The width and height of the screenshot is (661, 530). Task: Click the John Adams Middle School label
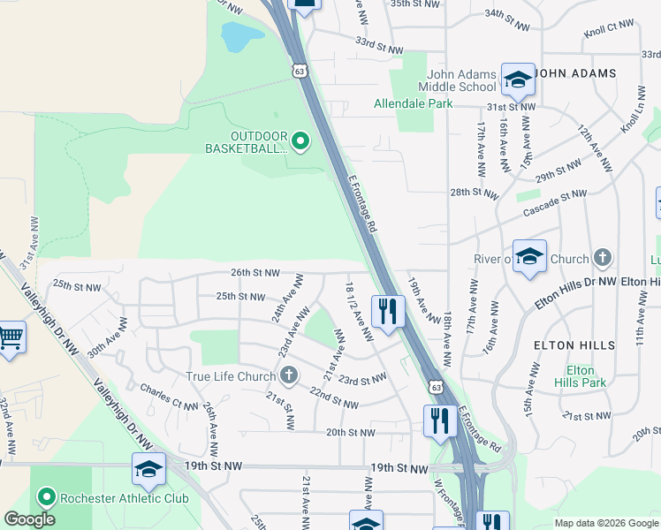pyautogui.click(x=461, y=80)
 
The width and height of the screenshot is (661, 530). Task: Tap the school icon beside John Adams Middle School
pyautogui.click(x=518, y=79)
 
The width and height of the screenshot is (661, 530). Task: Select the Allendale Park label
pyautogui.click(x=413, y=103)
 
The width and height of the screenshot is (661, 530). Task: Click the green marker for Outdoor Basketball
pyautogui.click(x=300, y=141)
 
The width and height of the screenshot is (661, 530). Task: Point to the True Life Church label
pyautogui.click(x=231, y=377)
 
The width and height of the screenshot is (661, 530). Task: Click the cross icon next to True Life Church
pyautogui.click(x=287, y=377)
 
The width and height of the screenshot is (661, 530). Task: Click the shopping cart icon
pyautogui.click(x=10, y=337)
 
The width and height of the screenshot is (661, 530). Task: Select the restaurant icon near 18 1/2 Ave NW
pyautogui.click(x=388, y=312)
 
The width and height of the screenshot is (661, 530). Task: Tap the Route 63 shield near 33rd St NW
pyautogui.click(x=300, y=70)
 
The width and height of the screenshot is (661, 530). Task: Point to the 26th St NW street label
pyautogui.click(x=255, y=273)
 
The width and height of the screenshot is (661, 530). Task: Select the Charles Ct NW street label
pyautogui.click(x=168, y=398)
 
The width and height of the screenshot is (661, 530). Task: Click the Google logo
pyautogui.click(x=29, y=519)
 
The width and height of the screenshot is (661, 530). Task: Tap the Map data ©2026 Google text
pyautogui.click(x=605, y=523)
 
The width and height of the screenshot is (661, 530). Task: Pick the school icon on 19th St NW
pyautogui.click(x=148, y=470)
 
